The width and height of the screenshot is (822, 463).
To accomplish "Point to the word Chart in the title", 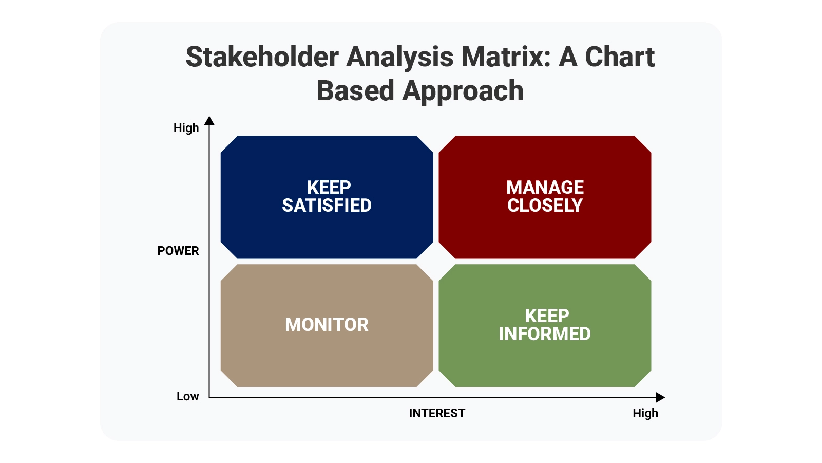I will (620, 57).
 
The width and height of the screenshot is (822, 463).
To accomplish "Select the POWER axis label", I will (178, 251).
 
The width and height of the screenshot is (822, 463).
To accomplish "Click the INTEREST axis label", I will (437, 413).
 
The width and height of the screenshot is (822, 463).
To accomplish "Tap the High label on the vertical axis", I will (186, 128).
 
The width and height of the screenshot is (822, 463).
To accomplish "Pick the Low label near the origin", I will (187, 396).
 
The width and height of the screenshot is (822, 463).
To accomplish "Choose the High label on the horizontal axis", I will (645, 413).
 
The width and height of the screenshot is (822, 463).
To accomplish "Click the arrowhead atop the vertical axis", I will (209, 121).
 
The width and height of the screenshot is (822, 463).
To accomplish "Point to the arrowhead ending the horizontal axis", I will (660, 397).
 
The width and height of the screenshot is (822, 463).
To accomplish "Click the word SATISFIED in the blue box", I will (327, 206).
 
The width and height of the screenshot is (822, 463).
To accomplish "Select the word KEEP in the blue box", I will (329, 187).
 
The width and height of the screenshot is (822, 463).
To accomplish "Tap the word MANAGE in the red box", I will (545, 187).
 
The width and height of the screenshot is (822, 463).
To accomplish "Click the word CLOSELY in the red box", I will (545, 206).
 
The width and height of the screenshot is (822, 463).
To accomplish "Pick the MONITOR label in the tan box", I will (327, 325).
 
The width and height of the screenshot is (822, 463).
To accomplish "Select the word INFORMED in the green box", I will (544, 334).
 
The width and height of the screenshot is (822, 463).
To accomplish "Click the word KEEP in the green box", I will (546, 316).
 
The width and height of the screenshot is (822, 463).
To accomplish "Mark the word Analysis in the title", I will (399, 57).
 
